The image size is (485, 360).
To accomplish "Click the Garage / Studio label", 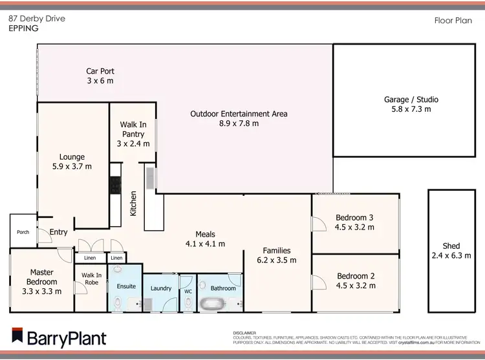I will [x=411, y=100].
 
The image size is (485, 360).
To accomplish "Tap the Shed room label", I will [x=451, y=246].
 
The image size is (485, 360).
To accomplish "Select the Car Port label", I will [x=100, y=72].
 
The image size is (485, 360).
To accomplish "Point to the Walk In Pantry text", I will [x=132, y=130].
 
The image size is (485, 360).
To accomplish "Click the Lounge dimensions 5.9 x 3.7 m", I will [x=72, y=166].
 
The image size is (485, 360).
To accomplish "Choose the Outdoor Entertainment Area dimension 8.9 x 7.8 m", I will [x=239, y=123].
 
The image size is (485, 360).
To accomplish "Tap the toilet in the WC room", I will [x=188, y=302].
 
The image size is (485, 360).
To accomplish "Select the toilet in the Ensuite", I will [x=117, y=302].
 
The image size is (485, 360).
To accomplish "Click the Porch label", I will [x=23, y=232].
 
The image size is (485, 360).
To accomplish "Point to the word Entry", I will [x=58, y=233].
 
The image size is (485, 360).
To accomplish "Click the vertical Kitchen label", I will [x=134, y=203].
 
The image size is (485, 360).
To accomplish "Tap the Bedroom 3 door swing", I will [x=318, y=224].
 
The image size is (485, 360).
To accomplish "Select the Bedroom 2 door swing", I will [x=318, y=282].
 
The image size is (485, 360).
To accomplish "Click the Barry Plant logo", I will [x=59, y=337].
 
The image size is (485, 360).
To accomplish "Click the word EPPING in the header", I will [x=23, y=28].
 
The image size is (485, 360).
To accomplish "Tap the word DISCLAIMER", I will [x=244, y=332].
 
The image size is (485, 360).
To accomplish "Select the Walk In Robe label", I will [x=92, y=279].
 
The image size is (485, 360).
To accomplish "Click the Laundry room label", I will [x=160, y=288].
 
